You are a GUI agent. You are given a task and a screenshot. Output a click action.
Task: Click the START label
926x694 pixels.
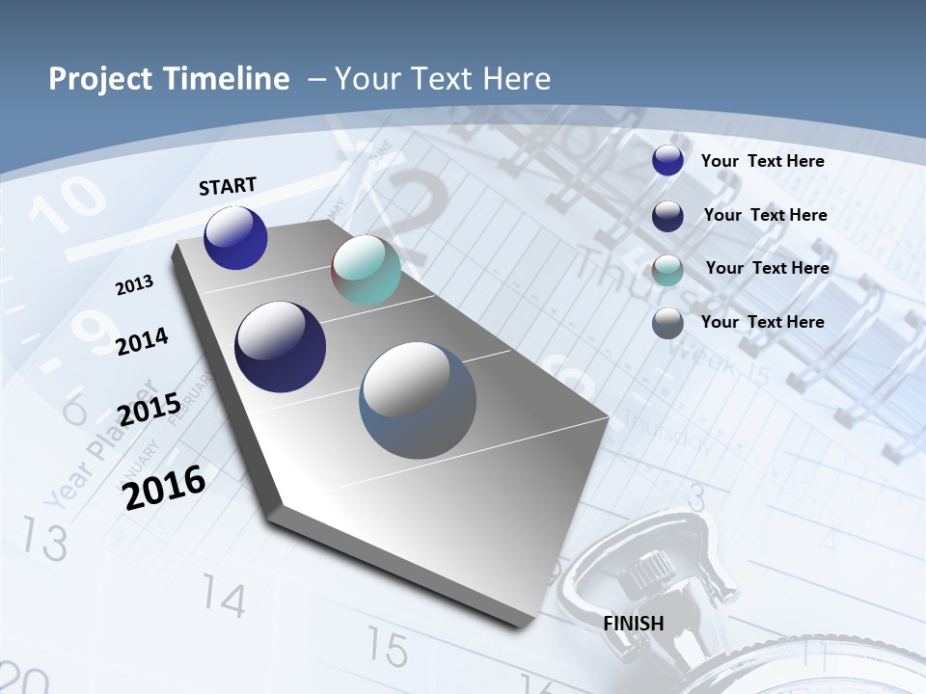(228, 186)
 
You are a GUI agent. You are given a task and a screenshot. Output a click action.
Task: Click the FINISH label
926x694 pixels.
(634, 623)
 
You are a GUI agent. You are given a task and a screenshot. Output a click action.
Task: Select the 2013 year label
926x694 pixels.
(135, 285)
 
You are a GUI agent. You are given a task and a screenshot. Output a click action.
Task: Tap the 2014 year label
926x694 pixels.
(143, 341)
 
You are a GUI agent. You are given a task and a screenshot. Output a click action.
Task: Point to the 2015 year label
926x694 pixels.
(150, 409)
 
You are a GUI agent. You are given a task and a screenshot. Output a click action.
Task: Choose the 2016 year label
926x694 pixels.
(165, 487)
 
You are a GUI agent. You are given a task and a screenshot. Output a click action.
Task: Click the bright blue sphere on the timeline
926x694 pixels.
(235, 237)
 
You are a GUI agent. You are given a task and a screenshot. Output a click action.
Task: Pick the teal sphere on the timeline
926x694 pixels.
(366, 270)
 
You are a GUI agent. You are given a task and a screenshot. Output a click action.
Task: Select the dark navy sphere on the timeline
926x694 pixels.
(281, 347)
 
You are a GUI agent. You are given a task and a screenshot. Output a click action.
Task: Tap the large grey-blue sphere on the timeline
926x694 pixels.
(418, 399)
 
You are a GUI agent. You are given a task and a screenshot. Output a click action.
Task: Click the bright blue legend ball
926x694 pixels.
(667, 160)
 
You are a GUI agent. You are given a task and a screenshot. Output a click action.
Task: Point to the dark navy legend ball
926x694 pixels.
(667, 215)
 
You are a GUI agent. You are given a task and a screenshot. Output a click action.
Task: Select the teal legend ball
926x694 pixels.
(667, 269)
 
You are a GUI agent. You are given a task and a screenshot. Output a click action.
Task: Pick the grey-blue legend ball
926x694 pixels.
(667, 322)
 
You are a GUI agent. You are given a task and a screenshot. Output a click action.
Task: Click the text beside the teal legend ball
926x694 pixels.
(767, 268)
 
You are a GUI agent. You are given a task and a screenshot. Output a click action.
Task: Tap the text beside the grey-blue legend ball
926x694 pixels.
(762, 322)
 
